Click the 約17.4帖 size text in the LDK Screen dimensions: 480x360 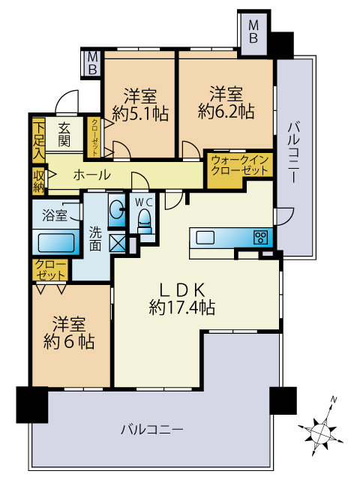pyautogui.click(x=183, y=306)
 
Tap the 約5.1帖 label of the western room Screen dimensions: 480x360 pyautogui.click(x=140, y=113)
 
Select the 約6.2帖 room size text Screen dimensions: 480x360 pyautogui.click(x=226, y=112)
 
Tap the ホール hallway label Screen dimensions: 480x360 pyautogui.click(x=92, y=175)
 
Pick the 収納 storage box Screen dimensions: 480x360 pyautogui.click(x=38, y=180)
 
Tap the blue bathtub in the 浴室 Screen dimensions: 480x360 pyautogui.click(x=55, y=243)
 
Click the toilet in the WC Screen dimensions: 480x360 pyautogui.click(x=144, y=218)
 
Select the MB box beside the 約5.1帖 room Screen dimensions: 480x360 pyautogui.click(x=92, y=63)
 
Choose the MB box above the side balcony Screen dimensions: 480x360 pyautogui.click(x=253, y=32)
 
